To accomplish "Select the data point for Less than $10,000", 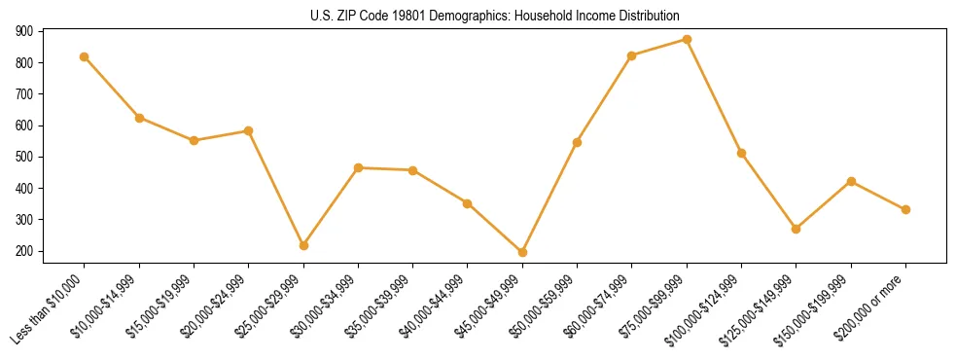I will (x=85, y=56).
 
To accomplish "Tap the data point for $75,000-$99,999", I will (x=687, y=40).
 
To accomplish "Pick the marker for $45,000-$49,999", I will (x=522, y=252).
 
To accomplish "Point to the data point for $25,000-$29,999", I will (x=303, y=245).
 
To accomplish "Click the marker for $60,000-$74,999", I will (x=632, y=55).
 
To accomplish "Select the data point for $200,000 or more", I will (x=905, y=209).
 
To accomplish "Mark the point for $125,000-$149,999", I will (x=797, y=229).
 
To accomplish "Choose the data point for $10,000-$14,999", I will (x=139, y=118).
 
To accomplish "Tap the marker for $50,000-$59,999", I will (x=577, y=142).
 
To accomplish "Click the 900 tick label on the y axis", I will (x=24, y=31).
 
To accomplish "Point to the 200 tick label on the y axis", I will (x=24, y=251).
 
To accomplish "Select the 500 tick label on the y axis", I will (x=24, y=157).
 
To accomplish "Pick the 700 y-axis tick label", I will (x=24, y=94).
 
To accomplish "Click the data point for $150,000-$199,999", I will (x=851, y=181).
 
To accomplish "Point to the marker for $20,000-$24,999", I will (x=249, y=130).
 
